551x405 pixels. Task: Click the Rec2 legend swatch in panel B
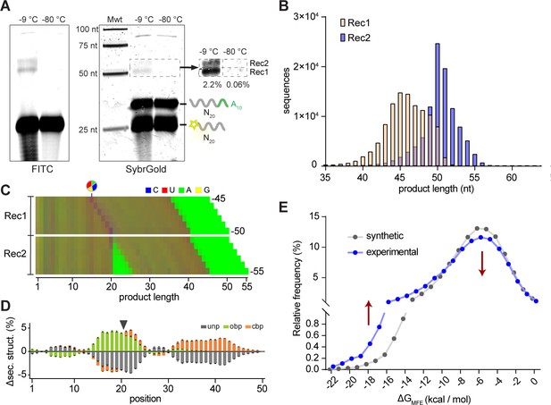(343, 38)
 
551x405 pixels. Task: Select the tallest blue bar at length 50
(438, 105)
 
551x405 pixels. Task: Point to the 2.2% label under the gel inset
(213, 85)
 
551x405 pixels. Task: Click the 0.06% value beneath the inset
(238, 85)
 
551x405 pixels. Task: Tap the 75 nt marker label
(88, 46)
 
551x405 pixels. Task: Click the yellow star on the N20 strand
(194, 124)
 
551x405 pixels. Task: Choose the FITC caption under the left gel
(42, 169)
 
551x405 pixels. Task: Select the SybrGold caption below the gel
(146, 169)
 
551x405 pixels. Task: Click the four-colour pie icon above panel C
(92, 186)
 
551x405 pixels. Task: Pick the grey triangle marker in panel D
(123, 325)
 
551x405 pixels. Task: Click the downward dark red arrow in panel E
(481, 263)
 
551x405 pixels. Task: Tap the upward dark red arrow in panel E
(368, 312)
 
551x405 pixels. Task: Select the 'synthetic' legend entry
(385, 236)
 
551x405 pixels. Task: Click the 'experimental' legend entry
(392, 252)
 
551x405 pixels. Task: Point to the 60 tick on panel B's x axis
(512, 177)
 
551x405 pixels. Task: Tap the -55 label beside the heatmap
(257, 271)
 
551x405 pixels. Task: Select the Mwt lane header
(114, 20)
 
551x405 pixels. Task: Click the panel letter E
(284, 207)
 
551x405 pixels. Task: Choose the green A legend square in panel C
(181, 190)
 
